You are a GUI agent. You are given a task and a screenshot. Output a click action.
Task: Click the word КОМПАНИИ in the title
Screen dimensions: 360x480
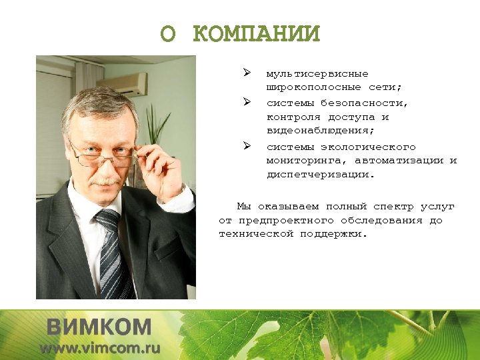(257, 33)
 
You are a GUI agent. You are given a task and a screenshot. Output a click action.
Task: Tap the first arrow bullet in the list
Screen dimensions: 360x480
(246, 72)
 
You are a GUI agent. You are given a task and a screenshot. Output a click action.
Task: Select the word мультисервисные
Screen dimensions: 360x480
(317, 73)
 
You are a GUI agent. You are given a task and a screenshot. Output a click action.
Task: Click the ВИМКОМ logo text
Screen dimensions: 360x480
(99, 327)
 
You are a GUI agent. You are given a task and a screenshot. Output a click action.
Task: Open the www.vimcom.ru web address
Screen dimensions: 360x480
(100, 348)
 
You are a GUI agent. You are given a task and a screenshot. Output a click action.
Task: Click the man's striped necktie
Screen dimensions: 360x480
(111, 253)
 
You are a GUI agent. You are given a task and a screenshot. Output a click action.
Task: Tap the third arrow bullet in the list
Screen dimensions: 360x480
(246, 145)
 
